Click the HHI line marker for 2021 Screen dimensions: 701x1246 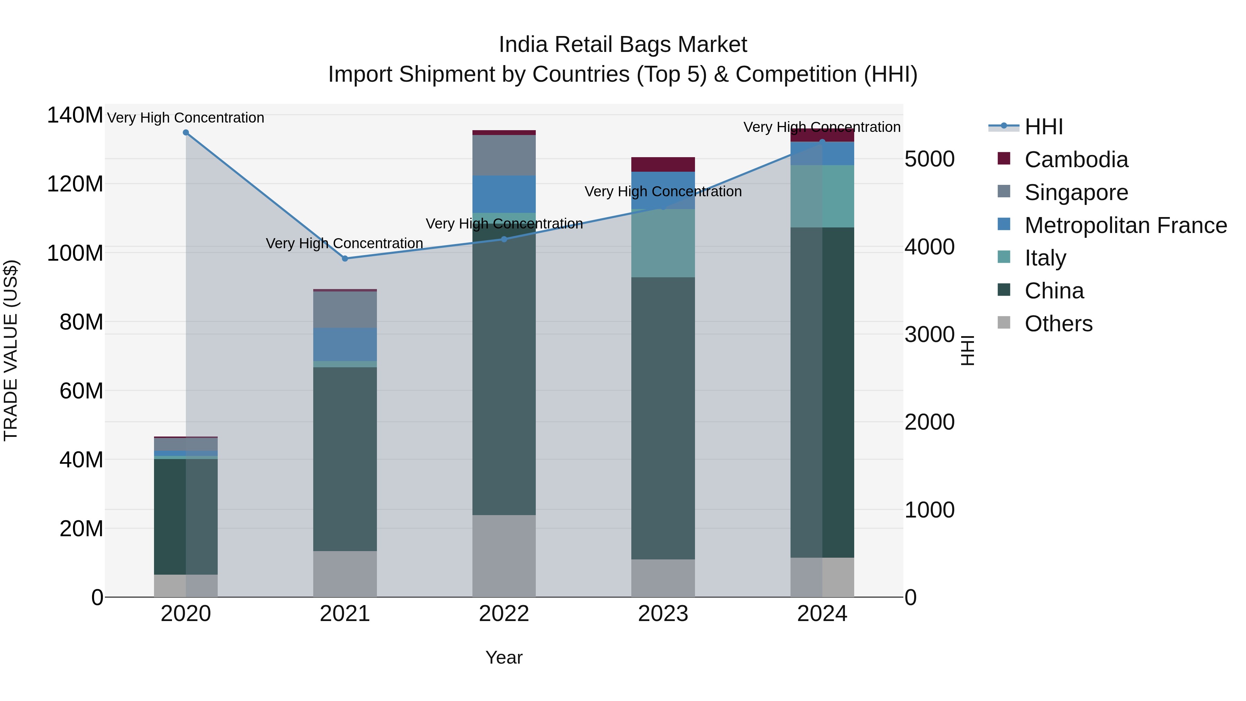point(345,259)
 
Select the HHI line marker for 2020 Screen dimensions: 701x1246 point(186,133)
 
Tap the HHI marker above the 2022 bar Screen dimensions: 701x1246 point(504,239)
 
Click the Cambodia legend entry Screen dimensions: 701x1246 point(1076,160)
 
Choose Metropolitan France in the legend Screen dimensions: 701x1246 point(1126,225)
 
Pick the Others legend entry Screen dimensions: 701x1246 point(1058,324)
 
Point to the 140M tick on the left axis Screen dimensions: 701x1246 point(75,115)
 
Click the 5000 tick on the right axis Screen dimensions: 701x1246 point(929,159)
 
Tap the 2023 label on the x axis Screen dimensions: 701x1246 point(663,614)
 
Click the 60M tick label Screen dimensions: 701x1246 point(81,391)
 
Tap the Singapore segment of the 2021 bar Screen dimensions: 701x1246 point(345,309)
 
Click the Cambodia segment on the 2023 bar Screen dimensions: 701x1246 point(663,164)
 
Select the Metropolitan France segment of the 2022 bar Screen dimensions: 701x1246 point(504,194)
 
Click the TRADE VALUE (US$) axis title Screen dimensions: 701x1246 point(11,350)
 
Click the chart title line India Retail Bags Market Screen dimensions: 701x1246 point(623,45)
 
